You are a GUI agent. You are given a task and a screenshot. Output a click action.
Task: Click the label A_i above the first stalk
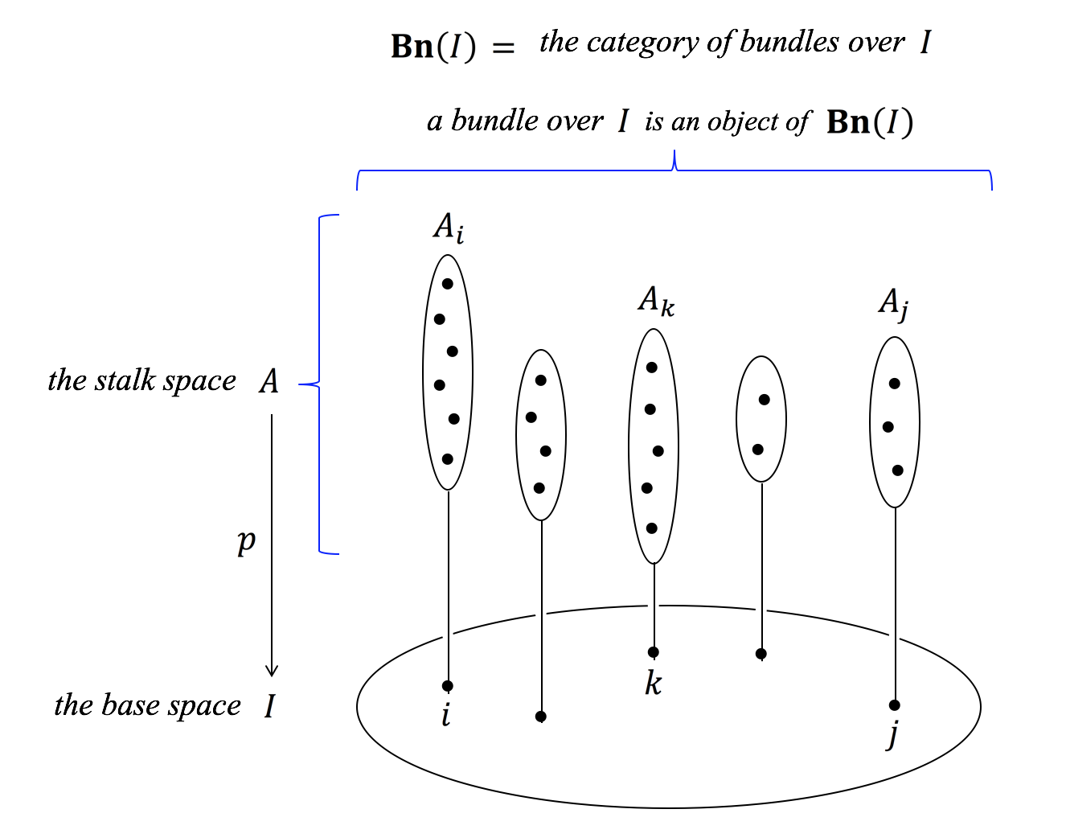[x=448, y=228]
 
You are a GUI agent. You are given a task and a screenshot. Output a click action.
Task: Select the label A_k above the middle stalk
[x=656, y=301]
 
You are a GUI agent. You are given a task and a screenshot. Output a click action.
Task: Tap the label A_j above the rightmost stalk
[x=893, y=303]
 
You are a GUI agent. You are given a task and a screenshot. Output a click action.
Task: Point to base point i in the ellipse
[x=448, y=686]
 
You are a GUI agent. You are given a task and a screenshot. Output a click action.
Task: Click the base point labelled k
[x=654, y=652]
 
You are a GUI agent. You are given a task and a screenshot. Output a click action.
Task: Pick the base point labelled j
[x=895, y=705]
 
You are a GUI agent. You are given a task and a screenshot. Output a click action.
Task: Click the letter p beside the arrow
[x=246, y=541]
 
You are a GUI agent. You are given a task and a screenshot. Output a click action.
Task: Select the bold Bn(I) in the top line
[x=433, y=47]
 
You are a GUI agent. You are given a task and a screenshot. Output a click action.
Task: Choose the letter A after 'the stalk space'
[x=269, y=381]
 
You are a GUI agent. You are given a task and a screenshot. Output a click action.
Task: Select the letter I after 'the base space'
[x=270, y=706]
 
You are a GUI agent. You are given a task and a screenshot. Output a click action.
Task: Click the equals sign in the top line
[x=503, y=48]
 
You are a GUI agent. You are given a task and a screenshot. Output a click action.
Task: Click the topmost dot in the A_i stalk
[x=448, y=284]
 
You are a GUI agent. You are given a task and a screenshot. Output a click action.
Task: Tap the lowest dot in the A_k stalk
[x=652, y=528]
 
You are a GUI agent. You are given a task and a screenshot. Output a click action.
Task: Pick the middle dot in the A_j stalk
[x=888, y=427]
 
